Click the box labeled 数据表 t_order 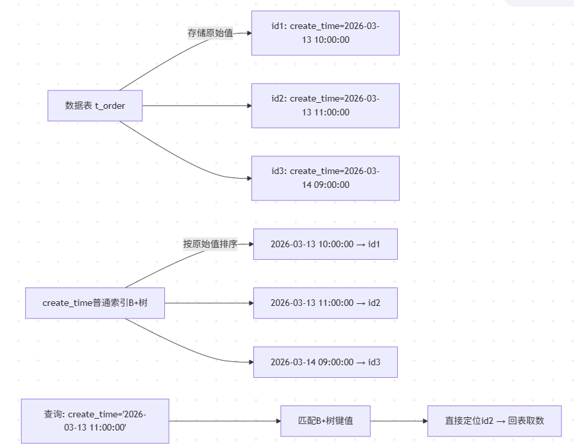[x=95, y=105]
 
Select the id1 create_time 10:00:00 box [x=325, y=33]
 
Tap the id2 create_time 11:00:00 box [x=325, y=105]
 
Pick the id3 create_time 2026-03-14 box [x=325, y=178]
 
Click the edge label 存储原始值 [x=210, y=33]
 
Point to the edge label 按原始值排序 [x=210, y=244]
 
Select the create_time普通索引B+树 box [x=95, y=303]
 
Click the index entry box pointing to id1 [x=325, y=244]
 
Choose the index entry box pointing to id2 [x=325, y=303]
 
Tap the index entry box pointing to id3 [x=325, y=362]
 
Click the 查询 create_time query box [x=95, y=421]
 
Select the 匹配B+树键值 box [x=325, y=421]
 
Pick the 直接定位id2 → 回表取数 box [x=495, y=421]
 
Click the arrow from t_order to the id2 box [x=197, y=105]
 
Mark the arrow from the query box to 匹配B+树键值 [x=225, y=421]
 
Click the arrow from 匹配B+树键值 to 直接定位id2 [x=399, y=421]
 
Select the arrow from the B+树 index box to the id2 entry [x=209, y=303]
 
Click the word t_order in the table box [x=110, y=106]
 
